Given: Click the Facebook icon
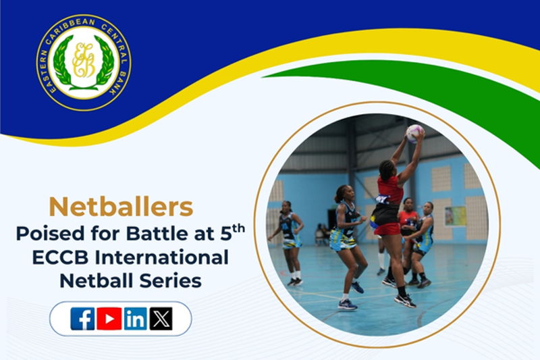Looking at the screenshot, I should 82,318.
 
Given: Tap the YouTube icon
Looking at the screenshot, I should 109,318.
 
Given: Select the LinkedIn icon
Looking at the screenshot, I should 136,318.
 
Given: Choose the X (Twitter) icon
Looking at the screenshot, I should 161,318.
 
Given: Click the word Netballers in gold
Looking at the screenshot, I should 122,207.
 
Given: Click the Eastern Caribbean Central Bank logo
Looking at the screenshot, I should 84,61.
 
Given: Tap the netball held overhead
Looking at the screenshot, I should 414,132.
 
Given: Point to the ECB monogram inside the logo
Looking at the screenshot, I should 84,61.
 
